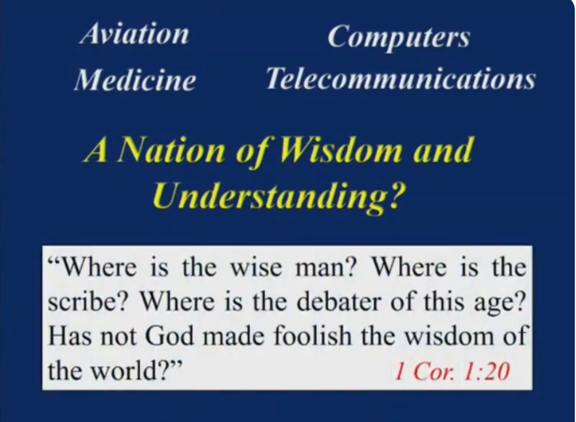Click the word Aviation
tap(134, 35)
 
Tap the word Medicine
tap(135, 79)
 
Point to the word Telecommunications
tap(401, 78)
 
